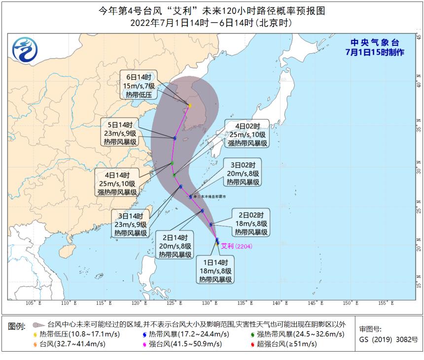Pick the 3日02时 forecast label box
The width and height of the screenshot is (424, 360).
click(x=243, y=173)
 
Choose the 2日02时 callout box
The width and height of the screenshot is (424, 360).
click(x=251, y=223)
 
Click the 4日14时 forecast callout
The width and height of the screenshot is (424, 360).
click(x=117, y=183)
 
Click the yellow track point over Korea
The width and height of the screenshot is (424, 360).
click(x=189, y=105)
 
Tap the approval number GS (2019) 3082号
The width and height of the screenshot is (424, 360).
click(x=388, y=339)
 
